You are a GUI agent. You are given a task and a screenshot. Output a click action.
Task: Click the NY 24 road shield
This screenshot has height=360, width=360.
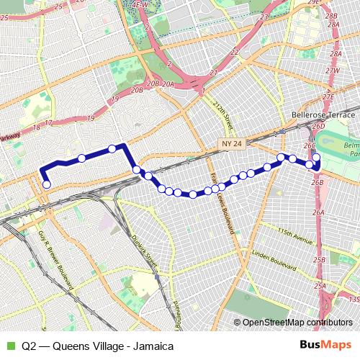pos(233,145)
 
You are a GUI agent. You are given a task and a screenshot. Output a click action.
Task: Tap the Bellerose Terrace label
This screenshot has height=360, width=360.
pos(323,115)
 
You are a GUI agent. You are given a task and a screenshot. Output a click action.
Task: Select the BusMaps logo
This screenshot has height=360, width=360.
pos(325,346)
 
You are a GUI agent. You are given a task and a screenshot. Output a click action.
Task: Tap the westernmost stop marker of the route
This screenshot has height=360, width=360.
pos(47,184)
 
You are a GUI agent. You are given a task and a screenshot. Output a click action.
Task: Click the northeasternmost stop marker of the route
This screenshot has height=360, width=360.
pos(315,157)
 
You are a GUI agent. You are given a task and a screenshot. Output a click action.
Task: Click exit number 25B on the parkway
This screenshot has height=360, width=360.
pos(320,260)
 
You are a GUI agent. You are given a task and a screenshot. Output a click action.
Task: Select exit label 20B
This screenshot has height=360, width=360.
pos(137,90)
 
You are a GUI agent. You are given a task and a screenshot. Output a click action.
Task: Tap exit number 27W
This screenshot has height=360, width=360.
pos(331,71)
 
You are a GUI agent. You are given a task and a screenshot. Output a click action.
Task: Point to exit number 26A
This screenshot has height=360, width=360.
pos(319,212)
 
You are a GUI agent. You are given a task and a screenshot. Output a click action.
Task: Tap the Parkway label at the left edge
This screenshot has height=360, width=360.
pos(9,136)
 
